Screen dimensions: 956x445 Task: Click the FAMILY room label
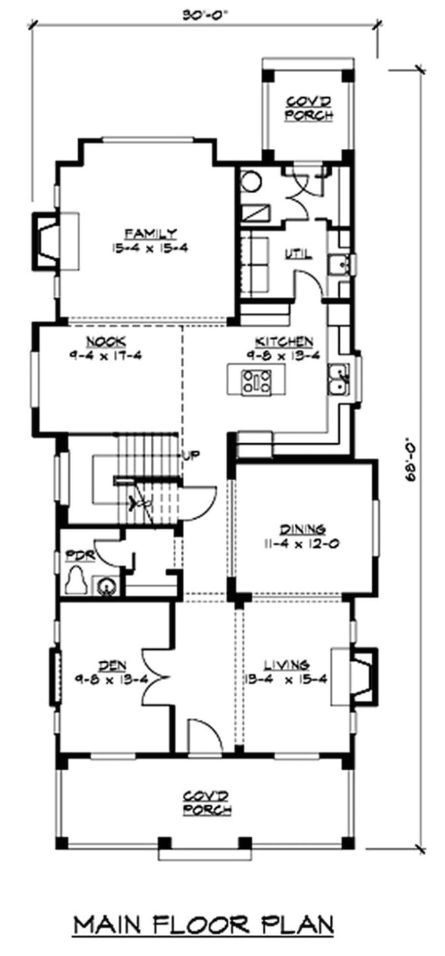click(151, 233)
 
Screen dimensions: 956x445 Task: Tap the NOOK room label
click(106, 342)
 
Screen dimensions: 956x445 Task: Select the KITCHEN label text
click(284, 342)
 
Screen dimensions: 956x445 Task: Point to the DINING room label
click(302, 529)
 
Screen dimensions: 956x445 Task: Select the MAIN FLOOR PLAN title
click(203, 924)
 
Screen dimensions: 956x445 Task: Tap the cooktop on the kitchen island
click(256, 381)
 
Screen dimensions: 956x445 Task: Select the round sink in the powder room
click(107, 586)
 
